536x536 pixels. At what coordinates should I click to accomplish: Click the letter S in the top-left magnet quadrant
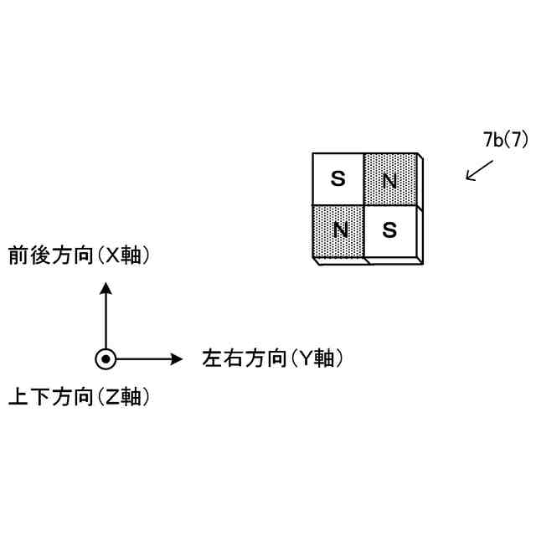338,178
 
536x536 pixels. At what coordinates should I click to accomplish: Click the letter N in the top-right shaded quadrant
389,179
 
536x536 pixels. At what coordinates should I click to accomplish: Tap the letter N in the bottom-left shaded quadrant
339,229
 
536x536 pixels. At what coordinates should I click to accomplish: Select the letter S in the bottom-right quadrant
389,229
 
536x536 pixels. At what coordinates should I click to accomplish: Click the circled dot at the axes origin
106,358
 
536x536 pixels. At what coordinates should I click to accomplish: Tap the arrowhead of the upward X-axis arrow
106,288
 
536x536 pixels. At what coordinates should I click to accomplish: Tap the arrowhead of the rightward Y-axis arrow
176,358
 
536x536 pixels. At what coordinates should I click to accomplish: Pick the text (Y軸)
318,358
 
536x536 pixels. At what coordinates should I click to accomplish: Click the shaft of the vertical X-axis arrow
106,322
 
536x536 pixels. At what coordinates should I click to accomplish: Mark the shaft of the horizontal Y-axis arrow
142,358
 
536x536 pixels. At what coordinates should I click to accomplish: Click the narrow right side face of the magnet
420,209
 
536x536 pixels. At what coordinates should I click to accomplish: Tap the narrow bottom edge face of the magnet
368,260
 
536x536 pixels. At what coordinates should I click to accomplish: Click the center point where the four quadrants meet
364,204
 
